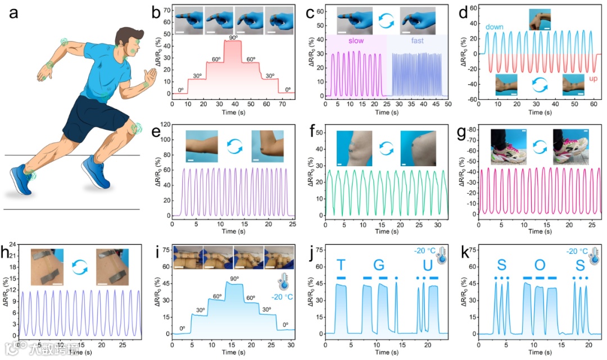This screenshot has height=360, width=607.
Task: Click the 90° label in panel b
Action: click(x=233, y=37)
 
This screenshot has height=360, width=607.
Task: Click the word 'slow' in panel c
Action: click(x=356, y=41)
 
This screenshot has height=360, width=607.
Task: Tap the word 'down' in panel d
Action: click(x=495, y=26)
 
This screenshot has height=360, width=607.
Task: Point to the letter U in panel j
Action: click(x=428, y=265)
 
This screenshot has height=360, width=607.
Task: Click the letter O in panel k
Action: click(x=540, y=265)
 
